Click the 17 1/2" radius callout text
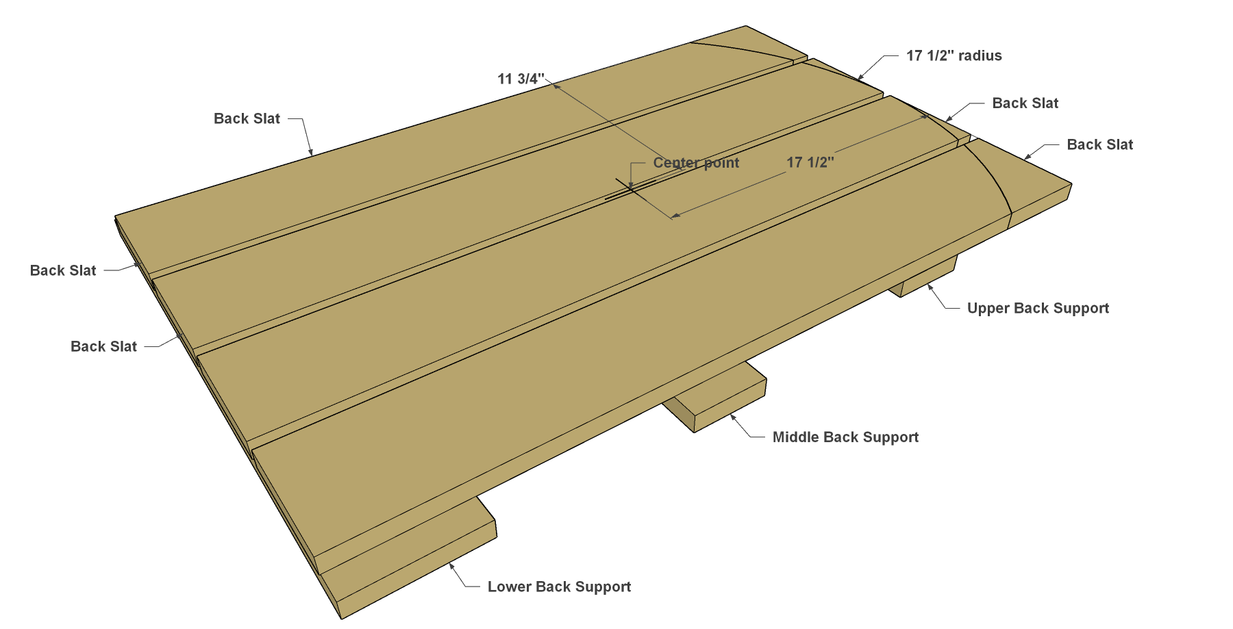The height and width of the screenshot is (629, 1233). [954, 55]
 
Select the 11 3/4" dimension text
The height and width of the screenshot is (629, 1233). [521, 79]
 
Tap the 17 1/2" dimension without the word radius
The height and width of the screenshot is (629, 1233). [810, 162]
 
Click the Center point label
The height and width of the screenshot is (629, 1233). [696, 163]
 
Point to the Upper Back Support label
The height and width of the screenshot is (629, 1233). [1038, 308]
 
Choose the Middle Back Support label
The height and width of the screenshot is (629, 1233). [845, 437]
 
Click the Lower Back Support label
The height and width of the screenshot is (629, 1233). [559, 587]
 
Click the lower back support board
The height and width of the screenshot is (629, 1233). [411, 558]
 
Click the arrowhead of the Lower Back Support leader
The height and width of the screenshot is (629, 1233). [451, 565]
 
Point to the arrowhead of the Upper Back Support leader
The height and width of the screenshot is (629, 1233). [930, 287]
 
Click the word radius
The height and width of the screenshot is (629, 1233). [980, 55]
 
